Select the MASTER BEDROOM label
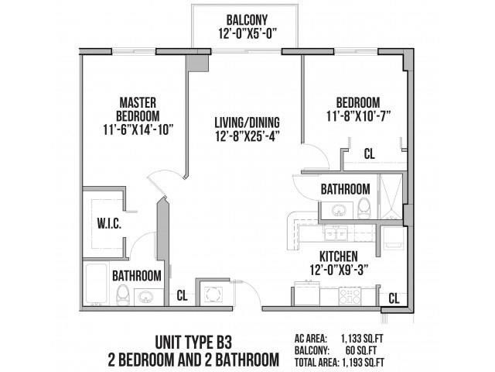(x=138, y=108)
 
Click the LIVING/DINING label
(x=247, y=122)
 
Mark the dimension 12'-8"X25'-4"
(x=247, y=136)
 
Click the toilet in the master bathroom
(x=122, y=293)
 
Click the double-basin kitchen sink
(x=334, y=232)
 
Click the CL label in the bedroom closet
(x=370, y=154)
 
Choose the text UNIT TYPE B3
(x=193, y=342)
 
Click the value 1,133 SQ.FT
(x=367, y=338)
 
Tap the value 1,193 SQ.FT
(x=367, y=361)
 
